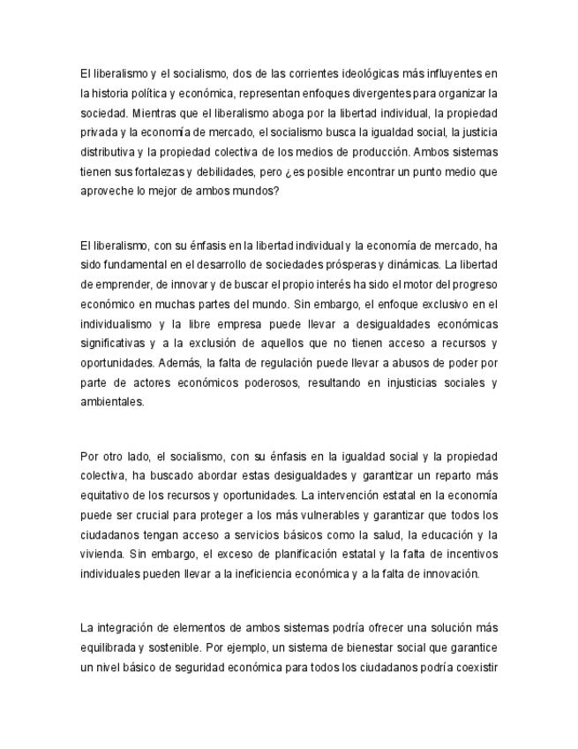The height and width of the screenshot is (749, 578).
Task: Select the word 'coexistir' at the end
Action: coord(476,668)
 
